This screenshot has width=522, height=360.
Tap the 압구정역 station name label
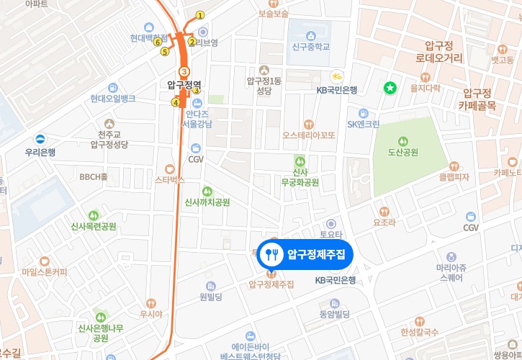coord(184,84)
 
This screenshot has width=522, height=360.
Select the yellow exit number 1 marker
coord(200,15)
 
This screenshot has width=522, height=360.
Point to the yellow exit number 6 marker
coord(157,42)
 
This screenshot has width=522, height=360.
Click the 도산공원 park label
coord(403,152)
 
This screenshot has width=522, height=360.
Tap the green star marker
coord(390,88)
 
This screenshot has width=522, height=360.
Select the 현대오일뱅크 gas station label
coord(113,98)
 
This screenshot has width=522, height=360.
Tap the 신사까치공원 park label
coord(207,202)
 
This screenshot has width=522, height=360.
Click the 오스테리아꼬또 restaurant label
coord(309,135)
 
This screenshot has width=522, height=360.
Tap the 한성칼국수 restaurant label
coord(420,332)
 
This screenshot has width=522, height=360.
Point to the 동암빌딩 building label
coord(333,315)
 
